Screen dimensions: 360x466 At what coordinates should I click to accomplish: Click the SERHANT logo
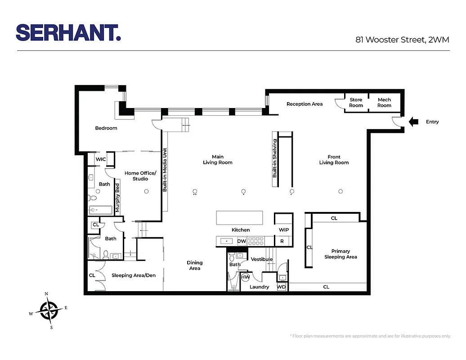pyautogui.click(x=68, y=32)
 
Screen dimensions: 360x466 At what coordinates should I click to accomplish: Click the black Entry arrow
pyautogui.click(x=413, y=121)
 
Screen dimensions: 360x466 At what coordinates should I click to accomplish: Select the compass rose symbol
pyautogui.click(x=49, y=310)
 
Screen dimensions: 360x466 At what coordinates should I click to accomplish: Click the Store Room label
pyautogui.click(x=356, y=103)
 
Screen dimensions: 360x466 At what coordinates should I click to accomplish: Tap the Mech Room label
pyautogui.click(x=384, y=103)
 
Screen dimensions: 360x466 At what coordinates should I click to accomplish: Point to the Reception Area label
pyautogui.click(x=305, y=104)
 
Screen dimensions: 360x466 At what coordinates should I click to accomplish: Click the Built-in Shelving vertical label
pyautogui.click(x=275, y=158)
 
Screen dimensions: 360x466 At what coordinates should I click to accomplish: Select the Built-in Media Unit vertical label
pyautogui.click(x=165, y=170)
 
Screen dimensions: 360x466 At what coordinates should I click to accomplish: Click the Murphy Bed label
pyautogui.click(x=117, y=198)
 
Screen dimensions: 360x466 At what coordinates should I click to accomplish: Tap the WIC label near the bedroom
pyautogui.click(x=101, y=159)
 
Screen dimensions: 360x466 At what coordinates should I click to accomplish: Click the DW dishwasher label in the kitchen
pyautogui.click(x=242, y=241)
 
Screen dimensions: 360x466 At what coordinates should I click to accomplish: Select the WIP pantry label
pyautogui.click(x=284, y=230)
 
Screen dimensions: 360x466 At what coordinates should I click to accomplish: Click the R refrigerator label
pyautogui.click(x=282, y=241)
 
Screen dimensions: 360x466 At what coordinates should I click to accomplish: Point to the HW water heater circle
pyautogui.click(x=246, y=277)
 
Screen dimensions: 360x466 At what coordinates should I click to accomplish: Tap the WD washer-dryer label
pyautogui.click(x=281, y=287)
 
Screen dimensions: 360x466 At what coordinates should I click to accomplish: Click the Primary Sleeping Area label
pyautogui.click(x=341, y=254)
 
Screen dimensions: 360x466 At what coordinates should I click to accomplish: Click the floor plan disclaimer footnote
pyautogui.click(x=370, y=336)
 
